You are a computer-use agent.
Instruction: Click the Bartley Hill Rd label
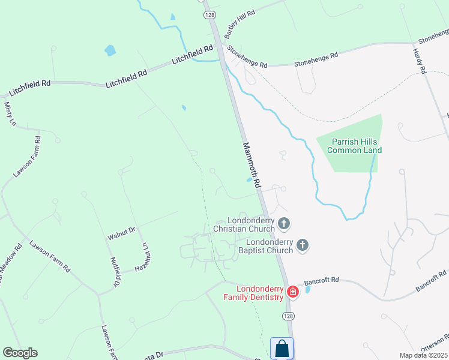(240, 22)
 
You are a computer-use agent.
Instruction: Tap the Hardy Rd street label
(419, 61)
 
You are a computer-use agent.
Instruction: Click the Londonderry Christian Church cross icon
(284, 224)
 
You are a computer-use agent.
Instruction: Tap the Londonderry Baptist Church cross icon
(303, 245)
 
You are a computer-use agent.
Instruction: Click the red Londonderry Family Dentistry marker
(293, 292)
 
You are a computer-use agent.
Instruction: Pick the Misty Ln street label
(9, 114)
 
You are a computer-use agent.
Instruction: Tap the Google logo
(20, 353)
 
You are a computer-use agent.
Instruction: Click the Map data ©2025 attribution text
(423, 355)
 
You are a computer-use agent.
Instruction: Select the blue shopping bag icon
(282, 349)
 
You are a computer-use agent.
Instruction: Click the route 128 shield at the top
(209, 14)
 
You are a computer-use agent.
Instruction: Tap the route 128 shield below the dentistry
(289, 315)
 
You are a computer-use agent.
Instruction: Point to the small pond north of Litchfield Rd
(110, 50)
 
